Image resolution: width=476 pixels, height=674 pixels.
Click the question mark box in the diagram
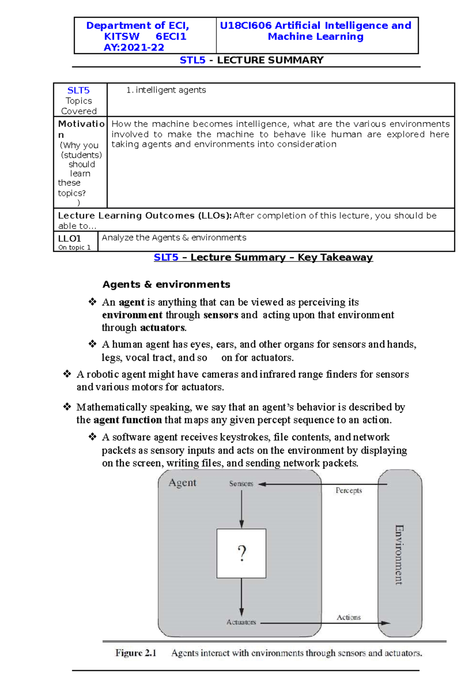coord(241,553)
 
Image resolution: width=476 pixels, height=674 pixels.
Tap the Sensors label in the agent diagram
coord(241,483)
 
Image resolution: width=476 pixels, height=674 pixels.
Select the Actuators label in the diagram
coord(241,622)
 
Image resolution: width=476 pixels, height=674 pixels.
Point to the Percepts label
coord(349,490)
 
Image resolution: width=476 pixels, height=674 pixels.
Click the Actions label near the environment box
coord(349,617)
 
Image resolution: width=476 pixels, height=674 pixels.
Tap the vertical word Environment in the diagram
coord(399,555)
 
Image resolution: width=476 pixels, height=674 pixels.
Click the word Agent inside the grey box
coord(182,483)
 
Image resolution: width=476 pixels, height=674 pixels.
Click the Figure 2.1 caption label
coord(136,653)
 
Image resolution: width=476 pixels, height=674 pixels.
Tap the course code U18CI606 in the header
coord(246,25)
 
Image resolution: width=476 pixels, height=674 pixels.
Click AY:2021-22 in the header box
coord(134,48)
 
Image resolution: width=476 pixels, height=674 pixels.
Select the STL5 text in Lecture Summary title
coord(192,60)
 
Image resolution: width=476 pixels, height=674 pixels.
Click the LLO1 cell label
coord(70,238)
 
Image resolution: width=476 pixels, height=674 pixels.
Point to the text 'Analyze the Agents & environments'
coord(174,237)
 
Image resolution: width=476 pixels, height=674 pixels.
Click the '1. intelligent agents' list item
coord(166,90)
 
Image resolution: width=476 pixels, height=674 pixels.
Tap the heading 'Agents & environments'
coord(166,284)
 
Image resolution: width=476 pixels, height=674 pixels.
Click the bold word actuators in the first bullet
coord(162,327)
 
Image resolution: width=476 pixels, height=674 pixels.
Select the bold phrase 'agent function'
coord(127,420)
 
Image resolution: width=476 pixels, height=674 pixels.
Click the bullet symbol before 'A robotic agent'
coord(67,374)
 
